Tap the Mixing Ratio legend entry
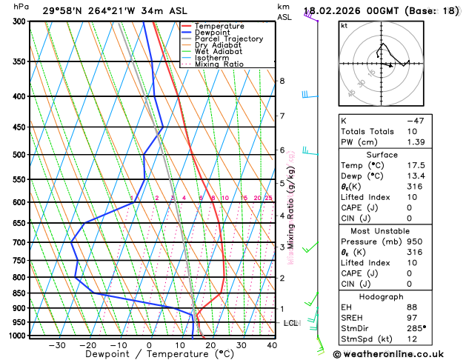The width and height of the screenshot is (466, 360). [x=219, y=64]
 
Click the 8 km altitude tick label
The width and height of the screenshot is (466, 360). [x=282, y=81]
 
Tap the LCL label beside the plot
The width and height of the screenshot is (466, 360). [x=291, y=323]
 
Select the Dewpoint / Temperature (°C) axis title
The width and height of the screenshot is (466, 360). [x=149, y=354]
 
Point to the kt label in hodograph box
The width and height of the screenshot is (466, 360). [x=344, y=26]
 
